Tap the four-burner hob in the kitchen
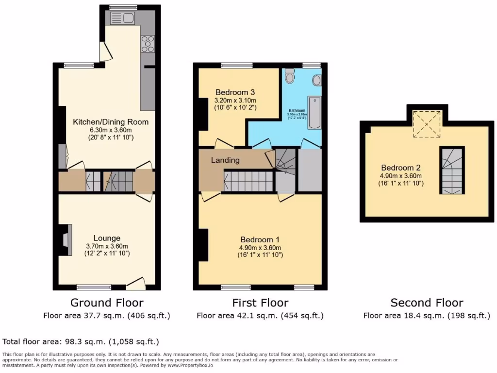tap(148, 44)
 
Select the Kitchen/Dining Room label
tap(111, 122)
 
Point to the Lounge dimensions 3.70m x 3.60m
tap(107, 246)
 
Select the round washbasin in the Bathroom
tap(317, 80)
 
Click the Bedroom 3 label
tap(235, 92)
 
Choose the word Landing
tap(225, 160)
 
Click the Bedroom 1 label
tap(260, 239)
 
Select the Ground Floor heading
tap(107, 303)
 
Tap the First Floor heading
tap(260, 303)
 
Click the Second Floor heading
tap(427, 303)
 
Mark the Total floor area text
tap(81, 341)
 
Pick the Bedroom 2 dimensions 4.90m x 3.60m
tap(401, 176)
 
